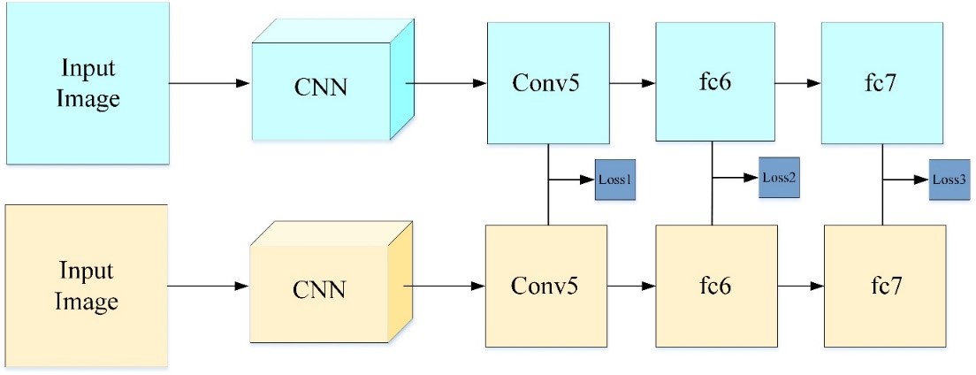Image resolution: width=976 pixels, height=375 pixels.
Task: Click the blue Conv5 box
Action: click(x=548, y=82)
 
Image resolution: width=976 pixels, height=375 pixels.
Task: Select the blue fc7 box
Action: click(x=882, y=82)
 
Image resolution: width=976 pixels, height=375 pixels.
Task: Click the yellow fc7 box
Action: click(x=884, y=287)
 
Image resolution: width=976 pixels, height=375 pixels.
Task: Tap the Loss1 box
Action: click(x=615, y=180)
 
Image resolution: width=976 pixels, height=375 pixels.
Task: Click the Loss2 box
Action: click(x=779, y=178)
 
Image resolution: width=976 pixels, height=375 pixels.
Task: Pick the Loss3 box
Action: click(x=949, y=180)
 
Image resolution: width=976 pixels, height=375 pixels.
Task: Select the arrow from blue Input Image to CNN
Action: click(x=209, y=84)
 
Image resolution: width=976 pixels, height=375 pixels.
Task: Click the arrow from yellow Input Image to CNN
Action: click(x=209, y=287)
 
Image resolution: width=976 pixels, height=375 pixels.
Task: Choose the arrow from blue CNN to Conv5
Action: click(x=446, y=84)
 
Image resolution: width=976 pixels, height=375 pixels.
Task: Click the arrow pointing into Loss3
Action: click(x=905, y=180)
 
